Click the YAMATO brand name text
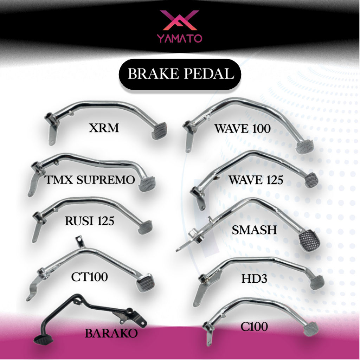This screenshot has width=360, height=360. point(180,38)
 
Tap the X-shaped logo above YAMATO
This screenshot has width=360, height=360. point(180,20)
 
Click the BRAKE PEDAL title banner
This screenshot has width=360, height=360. point(180,74)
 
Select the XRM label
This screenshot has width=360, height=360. point(104,128)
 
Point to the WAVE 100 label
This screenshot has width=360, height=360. point(243,129)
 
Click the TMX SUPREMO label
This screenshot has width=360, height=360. point(90,180)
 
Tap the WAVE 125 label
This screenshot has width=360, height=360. point(256,180)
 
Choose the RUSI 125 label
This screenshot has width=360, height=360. point(90,221)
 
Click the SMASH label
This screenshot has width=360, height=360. point(254,230)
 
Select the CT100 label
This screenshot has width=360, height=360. point(89,277)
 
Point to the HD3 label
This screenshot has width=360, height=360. point(254,279)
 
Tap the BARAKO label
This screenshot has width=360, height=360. point(111,333)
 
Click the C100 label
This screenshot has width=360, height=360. point(254,327)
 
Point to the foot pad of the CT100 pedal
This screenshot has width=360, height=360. point(145,283)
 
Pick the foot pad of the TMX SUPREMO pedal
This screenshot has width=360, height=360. point(147,184)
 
